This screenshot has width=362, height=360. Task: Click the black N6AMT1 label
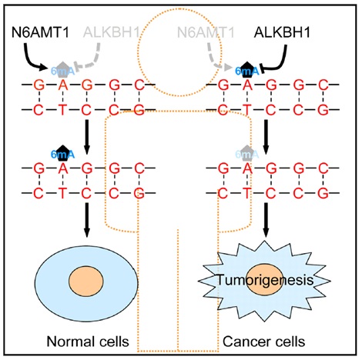41,32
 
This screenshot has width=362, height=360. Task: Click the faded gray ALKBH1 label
112,32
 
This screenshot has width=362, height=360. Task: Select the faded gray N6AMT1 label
206,32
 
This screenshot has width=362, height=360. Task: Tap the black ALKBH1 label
282,32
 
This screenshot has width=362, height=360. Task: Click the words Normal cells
88,342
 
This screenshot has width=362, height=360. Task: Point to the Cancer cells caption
263,342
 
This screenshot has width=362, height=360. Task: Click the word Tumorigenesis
266,279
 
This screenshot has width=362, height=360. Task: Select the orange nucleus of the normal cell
86,281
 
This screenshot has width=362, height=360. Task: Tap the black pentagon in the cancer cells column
246,69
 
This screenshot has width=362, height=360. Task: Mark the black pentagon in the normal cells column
62,153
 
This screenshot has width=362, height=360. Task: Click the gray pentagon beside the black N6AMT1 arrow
62,69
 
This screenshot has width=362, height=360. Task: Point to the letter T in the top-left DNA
62,110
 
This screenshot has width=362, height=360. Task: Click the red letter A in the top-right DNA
246,85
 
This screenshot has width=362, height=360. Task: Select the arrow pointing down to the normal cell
87,220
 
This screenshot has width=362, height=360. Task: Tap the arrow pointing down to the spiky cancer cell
266,220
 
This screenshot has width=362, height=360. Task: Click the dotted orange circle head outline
138,52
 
